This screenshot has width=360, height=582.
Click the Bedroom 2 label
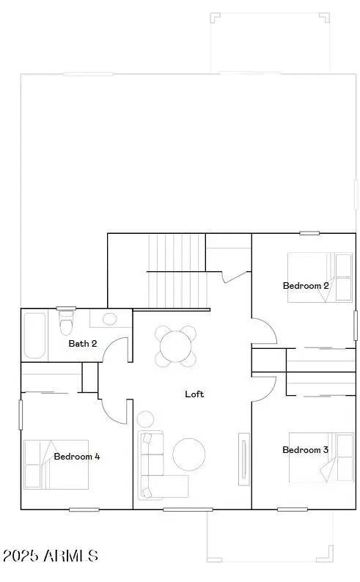pos(306,286)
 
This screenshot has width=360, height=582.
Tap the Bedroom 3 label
pos(305,449)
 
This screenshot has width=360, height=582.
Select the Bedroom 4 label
pos(77,456)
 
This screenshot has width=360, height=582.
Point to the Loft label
pos(194,394)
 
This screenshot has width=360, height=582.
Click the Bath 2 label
pos(83,343)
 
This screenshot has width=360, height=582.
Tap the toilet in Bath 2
pos(67,323)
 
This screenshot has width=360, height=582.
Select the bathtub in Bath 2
pos(35,335)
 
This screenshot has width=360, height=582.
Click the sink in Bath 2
pos(110,319)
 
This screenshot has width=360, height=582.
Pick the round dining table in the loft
pos(176,346)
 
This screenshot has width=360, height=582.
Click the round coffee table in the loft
pos(189,454)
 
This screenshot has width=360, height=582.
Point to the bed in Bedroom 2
pos(319,277)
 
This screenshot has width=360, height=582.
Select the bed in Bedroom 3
pos(320,457)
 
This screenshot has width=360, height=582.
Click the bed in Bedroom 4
pos(55,464)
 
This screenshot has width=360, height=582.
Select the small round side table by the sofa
pos(145,419)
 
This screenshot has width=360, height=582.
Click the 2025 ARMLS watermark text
pos(50,556)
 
